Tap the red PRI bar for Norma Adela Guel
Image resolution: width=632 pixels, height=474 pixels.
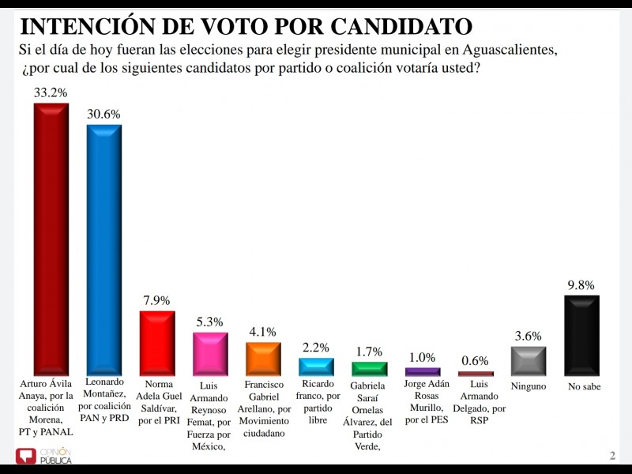click(156, 343)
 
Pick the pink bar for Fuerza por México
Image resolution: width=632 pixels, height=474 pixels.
click(210, 354)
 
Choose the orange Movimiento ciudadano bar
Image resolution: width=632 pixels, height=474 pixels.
click(263, 359)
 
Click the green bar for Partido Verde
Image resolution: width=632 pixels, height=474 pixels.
click(369, 369)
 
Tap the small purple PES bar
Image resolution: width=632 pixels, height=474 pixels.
click(422, 371)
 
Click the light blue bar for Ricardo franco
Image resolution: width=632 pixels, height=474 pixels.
click(316, 367)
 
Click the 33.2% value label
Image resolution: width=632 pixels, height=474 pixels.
click(51, 92)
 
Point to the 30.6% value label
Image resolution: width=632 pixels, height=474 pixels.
click(103, 114)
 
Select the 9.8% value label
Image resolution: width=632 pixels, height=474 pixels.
click(581, 285)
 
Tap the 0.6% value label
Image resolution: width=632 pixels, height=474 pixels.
click(476, 361)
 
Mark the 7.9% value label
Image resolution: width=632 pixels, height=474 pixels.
click(156, 301)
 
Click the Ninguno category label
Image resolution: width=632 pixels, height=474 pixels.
click(528, 387)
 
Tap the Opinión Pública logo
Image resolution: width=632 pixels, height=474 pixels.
click(44, 456)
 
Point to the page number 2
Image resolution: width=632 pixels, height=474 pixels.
click(612, 456)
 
